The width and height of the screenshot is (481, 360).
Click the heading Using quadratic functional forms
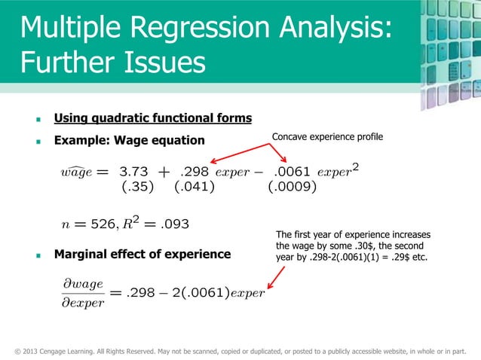tap(152, 118)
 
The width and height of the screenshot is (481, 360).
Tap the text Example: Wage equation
tap(129, 140)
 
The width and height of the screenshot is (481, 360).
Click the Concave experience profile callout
tap(327, 136)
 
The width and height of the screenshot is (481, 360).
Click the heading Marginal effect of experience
tap(142, 255)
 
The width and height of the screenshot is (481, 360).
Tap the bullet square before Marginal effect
tap(38, 255)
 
